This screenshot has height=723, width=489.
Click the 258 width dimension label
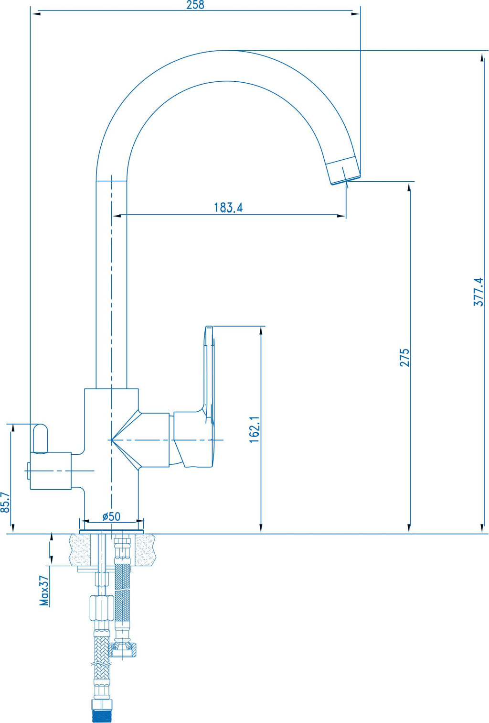point(196,5)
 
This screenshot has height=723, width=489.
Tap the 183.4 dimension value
point(228,207)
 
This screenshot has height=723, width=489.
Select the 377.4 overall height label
point(478,292)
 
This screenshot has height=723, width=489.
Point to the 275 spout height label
point(404,357)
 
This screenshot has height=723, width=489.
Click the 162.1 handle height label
point(255,429)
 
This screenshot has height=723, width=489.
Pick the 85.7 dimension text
point(5,502)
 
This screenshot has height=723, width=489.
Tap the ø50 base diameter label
point(112,516)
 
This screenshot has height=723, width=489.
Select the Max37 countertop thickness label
point(44,591)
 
